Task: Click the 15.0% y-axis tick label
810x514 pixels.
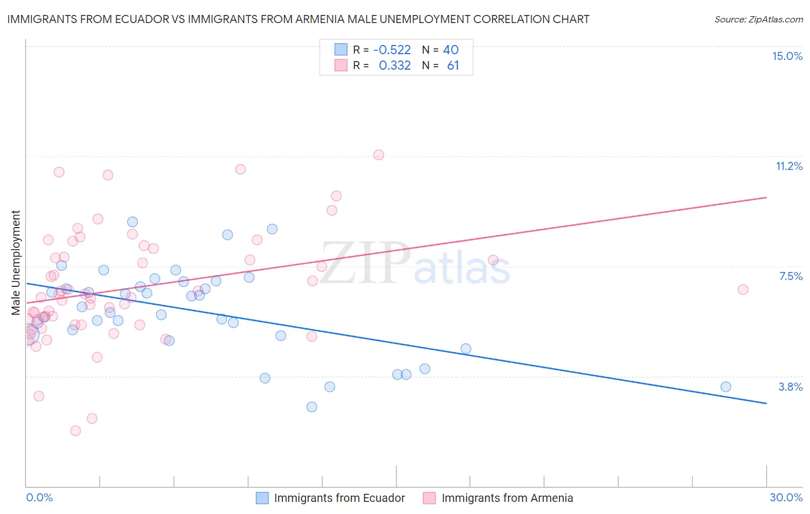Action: (787, 56)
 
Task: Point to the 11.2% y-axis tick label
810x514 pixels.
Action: (789, 166)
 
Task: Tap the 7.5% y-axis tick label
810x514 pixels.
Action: (790, 276)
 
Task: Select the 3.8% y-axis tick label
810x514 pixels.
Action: (790, 387)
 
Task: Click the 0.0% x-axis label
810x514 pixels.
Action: (39, 497)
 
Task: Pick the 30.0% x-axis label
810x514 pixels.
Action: (786, 497)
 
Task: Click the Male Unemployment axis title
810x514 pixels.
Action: (16, 262)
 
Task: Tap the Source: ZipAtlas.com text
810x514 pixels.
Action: (758, 20)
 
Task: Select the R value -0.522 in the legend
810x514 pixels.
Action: (392, 50)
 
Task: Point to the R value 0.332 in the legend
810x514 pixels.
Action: (395, 66)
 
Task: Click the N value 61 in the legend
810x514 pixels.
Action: (453, 66)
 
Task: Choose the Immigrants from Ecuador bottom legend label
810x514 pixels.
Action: (339, 498)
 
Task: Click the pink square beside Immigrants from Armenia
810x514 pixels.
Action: (429, 498)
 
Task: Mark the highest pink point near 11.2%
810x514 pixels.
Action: (378, 154)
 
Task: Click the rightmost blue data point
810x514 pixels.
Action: (726, 387)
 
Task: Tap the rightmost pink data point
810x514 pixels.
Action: (743, 289)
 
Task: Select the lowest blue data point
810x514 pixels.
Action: (312, 407)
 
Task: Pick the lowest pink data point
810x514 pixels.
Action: (75, 430)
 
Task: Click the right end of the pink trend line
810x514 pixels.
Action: (766, 197)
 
